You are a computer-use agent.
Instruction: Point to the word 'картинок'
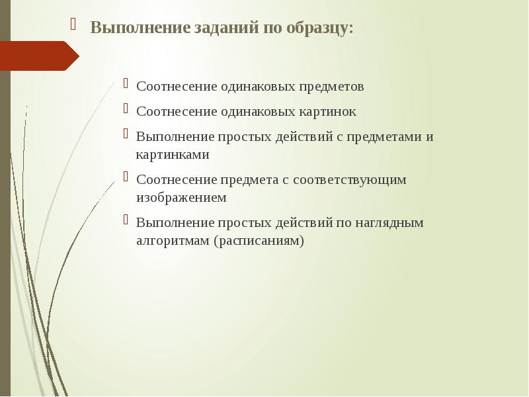point(325,112)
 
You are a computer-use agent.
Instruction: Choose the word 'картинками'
point(173,155)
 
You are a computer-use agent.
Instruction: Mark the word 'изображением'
point(181,197)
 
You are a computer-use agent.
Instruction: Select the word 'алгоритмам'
point(173,240)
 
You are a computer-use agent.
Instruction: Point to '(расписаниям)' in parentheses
point(259,240)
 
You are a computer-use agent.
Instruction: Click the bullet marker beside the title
point(75,26)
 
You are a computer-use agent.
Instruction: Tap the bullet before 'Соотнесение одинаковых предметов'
point(126,84)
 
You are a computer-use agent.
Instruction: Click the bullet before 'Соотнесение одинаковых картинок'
point(126,109)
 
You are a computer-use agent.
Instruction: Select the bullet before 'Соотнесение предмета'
point(126,177)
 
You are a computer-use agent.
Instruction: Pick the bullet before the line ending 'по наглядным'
point(126,220)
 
